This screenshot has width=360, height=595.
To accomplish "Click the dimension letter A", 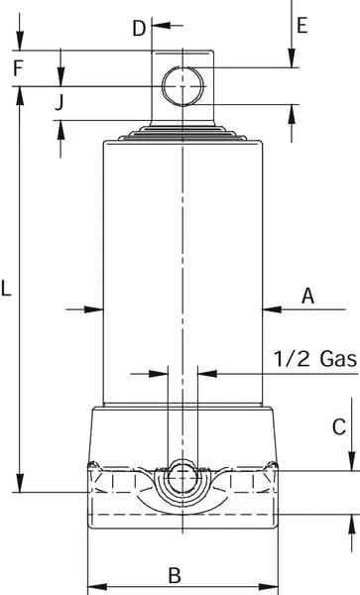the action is [307, 296].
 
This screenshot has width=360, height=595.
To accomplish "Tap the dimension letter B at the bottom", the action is [175, 575].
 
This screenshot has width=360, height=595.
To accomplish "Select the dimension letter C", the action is [339, 426].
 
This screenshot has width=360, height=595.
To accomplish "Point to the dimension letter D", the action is [139, 29].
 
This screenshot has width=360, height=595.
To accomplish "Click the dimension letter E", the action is [301, 26].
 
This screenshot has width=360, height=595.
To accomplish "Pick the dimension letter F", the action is [18, 68].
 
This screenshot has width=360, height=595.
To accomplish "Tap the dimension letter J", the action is [59, 102].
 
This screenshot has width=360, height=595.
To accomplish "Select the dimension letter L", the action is [6, 288].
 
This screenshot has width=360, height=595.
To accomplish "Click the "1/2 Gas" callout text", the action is [315, 359].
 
